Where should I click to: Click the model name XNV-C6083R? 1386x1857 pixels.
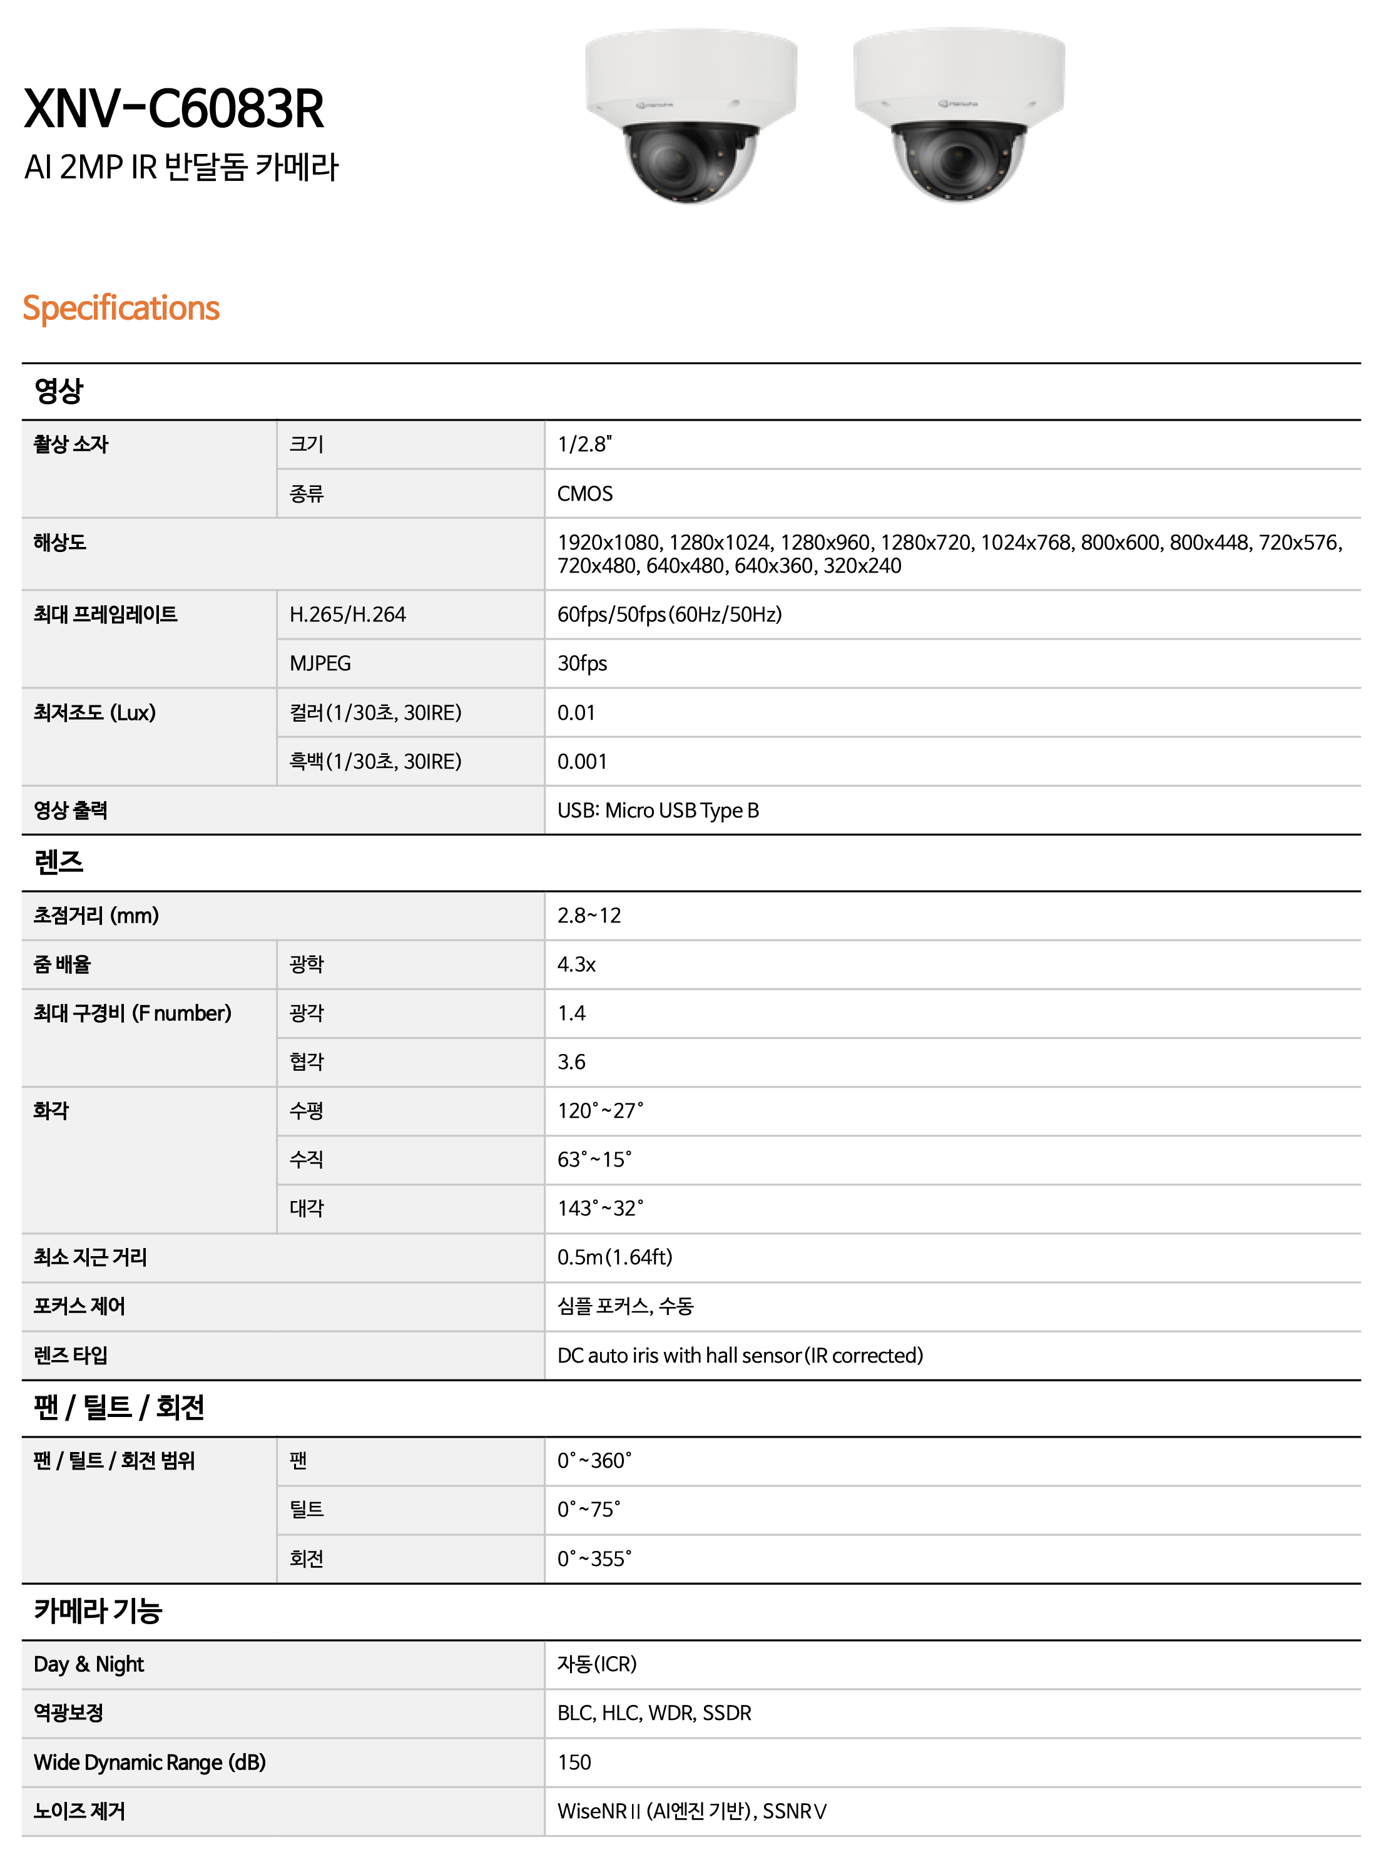(x=174, y=109)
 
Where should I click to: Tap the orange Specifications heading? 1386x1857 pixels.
(x=121, y=308)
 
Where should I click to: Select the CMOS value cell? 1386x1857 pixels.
(x=585, y=493)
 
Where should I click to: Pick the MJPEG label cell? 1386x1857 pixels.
(x=320, y=663)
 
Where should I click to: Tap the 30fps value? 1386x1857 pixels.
(x=583, y=663)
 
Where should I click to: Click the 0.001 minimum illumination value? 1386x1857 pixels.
(x=583, y=761)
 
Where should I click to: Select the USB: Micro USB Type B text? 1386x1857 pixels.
(x=658, y=810)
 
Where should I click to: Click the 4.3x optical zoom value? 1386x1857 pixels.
(x=576, y=964)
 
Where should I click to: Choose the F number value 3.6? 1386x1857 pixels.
(x=571, y=1062)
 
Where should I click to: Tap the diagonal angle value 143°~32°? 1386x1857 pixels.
(x=600, y=1209)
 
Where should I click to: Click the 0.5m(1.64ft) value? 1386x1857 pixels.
(x=614, y=1257)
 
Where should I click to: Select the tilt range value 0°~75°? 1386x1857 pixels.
(x=589, y=1509)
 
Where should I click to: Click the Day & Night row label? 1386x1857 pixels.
(x=89, y=1664)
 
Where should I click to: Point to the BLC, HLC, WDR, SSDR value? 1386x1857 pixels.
(x=655, y=1712)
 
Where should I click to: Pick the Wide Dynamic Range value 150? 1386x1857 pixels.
(x=574, y=1762)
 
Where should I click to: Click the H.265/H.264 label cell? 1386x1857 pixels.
(x=347, y=614)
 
